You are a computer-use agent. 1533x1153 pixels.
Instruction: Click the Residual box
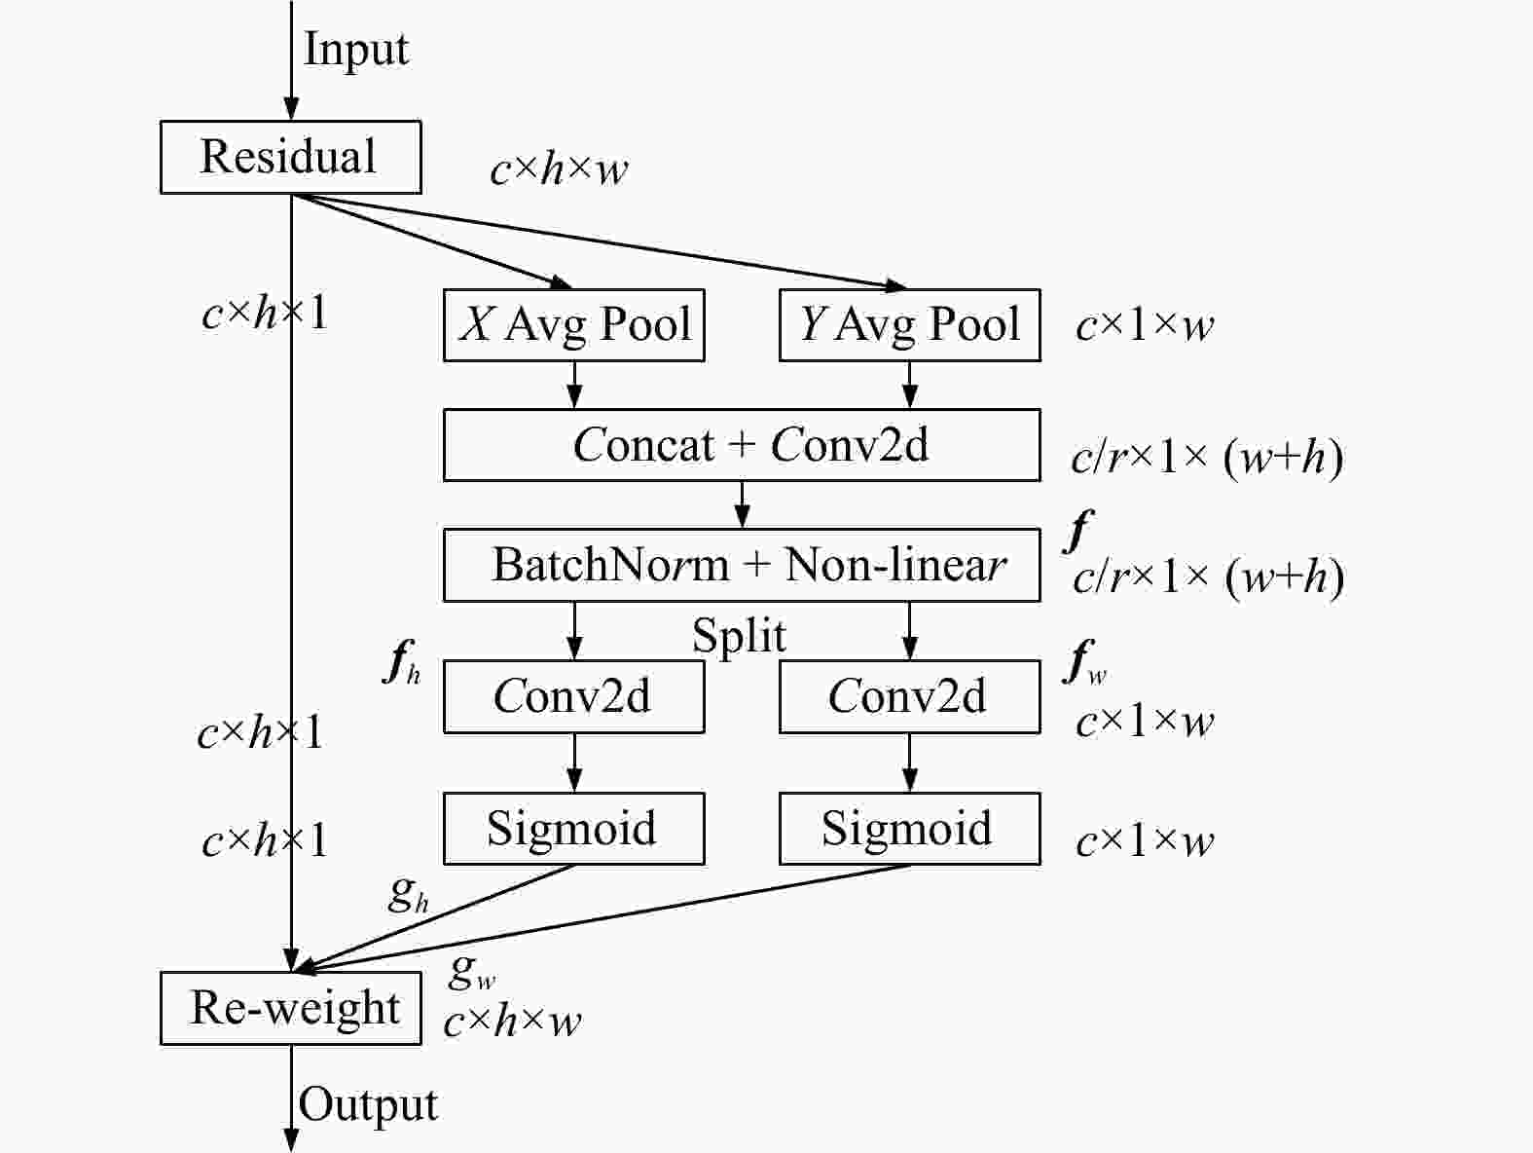tap(290, 157)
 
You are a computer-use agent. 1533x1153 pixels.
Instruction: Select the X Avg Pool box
tap(573, 325)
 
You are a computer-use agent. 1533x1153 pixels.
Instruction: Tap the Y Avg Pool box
tap(909, 325)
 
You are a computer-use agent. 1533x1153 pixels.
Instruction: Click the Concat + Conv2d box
tap(742, 445)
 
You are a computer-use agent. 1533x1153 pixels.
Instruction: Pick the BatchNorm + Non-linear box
tap(742, 565)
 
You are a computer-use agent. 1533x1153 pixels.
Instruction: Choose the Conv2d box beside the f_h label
tap(573, 696)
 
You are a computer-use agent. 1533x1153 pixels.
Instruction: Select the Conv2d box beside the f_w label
tap(909, 696)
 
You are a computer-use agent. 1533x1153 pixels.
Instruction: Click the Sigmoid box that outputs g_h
tap(573, 829)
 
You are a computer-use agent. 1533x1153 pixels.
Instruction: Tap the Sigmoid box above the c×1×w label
tap(909, 829)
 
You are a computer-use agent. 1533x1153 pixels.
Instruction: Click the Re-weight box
tap(290, 1008)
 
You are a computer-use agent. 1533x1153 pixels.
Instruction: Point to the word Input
tap(356, 49)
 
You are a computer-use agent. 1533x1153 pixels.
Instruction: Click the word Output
tap(368, 1104)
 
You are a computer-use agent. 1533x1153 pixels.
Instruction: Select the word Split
tap(739, 636)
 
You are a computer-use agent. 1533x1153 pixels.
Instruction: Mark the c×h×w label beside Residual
tap(559, 170)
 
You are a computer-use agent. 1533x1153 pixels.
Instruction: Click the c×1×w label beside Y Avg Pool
tap(1145, 325)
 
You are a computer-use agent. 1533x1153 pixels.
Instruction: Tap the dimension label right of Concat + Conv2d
tap(1207, 457)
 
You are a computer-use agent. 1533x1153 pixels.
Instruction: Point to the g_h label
tap(408, 893)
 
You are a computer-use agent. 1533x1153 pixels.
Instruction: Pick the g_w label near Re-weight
tap(472, 970)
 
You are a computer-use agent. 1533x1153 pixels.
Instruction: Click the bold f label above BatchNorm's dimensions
tap(1078, 531)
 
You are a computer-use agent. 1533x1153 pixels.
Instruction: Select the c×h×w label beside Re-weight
tap(512, 1022)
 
